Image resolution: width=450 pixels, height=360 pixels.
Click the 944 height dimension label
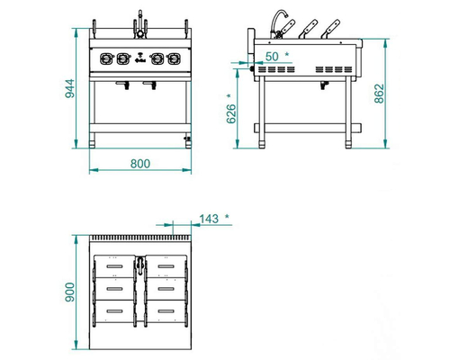coord(69,88)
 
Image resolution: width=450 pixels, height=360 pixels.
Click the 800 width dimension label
coord(140,164)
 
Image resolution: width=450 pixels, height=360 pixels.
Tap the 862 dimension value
coord(379,94)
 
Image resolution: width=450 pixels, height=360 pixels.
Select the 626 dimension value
coord(231,113)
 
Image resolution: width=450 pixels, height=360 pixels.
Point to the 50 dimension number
coord(272,57)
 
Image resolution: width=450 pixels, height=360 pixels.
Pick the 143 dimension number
coord(209,219)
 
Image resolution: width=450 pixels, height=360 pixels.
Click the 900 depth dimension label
coord(69,292)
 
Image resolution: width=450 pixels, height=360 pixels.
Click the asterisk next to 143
coord(227,216)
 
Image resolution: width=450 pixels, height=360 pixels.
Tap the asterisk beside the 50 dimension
coord(287,54)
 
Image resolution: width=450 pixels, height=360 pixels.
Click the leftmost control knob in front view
coord(106,58)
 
